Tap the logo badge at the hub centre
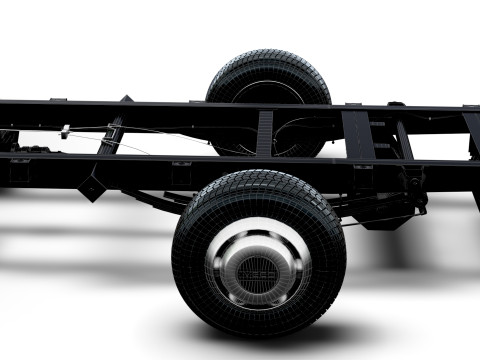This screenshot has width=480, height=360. point(258,269)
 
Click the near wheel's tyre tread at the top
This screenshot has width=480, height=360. point(258,181)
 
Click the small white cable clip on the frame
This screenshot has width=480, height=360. point(65,131)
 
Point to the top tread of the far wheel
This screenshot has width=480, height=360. point(268,57)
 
